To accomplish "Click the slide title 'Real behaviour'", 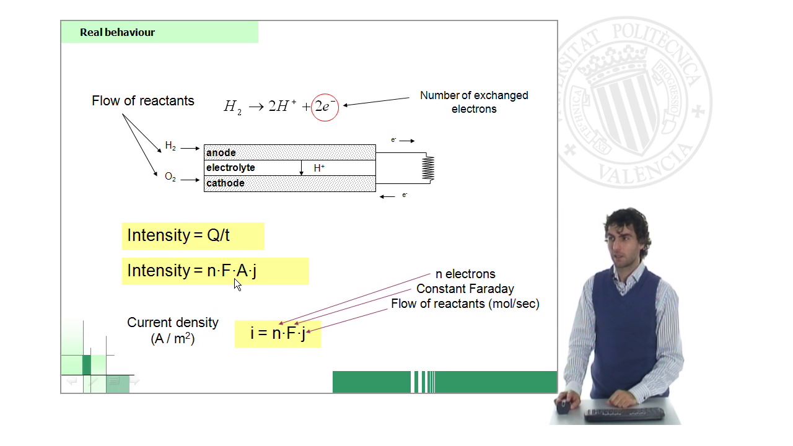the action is pos(117,32).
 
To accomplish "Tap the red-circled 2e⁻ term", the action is pos(325,107).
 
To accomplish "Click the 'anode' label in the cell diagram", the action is pos(221,152).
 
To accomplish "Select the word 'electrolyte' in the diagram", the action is pos(230,167).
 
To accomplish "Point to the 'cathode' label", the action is pos(225,183).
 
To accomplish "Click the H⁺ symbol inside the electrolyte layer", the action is pos(319,168).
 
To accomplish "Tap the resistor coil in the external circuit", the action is pos(428,168).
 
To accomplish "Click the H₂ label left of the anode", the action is pos(170,146).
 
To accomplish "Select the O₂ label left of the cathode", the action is pos(170,177).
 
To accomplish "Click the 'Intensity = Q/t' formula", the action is pos(178,235).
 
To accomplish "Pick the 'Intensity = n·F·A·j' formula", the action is pos(191,271).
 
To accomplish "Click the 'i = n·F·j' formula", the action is pos(278,333).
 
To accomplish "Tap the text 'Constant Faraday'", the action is pos(465,289).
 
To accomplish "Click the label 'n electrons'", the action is pos(465,274).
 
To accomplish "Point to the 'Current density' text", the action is pos(173,323).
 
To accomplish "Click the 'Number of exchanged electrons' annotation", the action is pos(474,102).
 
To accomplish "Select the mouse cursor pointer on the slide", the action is pos(237,284).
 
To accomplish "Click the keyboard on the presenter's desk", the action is pos(624,414).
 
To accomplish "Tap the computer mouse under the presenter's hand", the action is pos(563,407).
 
